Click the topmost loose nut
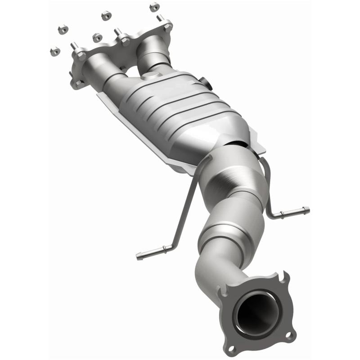pyautogui.click(x=154, y=6)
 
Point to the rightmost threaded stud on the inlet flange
pyautogui.click(x=160, y=18)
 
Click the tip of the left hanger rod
pyautogui.click(x=139, y=257)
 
